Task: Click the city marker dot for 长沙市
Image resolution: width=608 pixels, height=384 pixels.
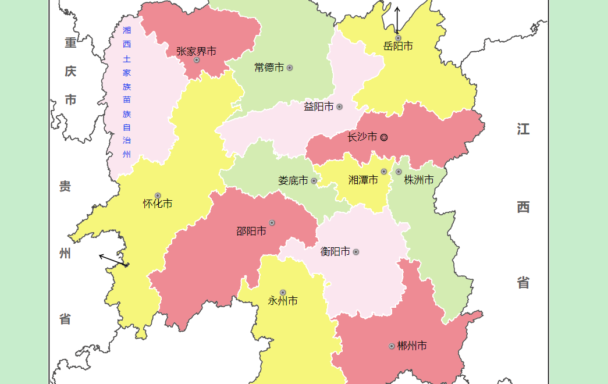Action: [x=384, y=137]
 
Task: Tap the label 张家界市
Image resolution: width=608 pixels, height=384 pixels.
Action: [x=196, y=51]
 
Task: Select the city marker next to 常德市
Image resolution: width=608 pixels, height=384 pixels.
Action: [x=290, y=68]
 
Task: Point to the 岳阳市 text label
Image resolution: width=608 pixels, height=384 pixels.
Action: [x=399, y=46]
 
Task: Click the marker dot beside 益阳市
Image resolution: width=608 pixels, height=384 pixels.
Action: [x=339, y=106]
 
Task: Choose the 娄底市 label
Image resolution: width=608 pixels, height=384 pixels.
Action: [x=293, y=181]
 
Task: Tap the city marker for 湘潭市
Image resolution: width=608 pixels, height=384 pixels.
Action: [x=384, y=172]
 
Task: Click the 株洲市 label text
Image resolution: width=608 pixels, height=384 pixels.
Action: [x=419, y=180]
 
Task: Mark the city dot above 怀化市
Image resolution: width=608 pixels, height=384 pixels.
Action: [x=158, y=195]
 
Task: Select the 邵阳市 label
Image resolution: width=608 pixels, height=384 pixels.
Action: [x=251, y=231]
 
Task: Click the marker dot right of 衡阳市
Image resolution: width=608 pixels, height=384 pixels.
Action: [x=356, y=252]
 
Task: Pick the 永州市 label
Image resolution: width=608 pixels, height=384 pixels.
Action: [x=283, y=301]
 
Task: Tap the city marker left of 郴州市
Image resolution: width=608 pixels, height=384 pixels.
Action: [x=392, y=346]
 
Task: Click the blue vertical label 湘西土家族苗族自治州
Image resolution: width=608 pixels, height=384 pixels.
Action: [x=127, y=92]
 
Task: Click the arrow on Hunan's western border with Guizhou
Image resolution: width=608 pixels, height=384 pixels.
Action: [x=113, y=260]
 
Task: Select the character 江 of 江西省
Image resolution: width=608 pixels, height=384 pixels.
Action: [x=523, y=129]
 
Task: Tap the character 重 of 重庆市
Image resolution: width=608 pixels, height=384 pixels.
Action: [x=70, y=42]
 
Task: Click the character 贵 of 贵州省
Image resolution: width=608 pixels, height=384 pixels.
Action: [x=65, y=187]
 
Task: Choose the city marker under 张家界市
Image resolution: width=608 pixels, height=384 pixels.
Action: [x=197, y=60]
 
